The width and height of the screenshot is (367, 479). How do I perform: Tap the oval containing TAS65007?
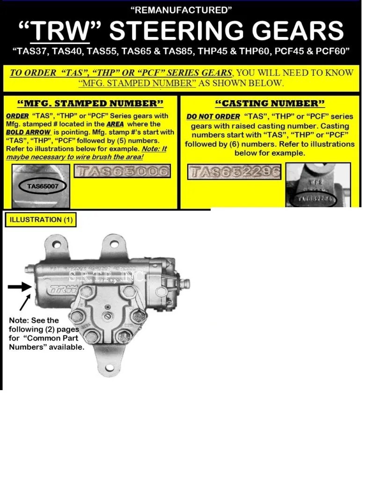(x=42, y=186)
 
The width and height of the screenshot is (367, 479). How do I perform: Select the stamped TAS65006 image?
(x=122, y=172)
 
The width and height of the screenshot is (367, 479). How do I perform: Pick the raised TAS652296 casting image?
(x=235, y=172)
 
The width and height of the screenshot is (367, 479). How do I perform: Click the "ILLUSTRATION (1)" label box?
(x=42, y=219)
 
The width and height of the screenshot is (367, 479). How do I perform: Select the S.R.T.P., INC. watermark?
(x=108, y=277)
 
